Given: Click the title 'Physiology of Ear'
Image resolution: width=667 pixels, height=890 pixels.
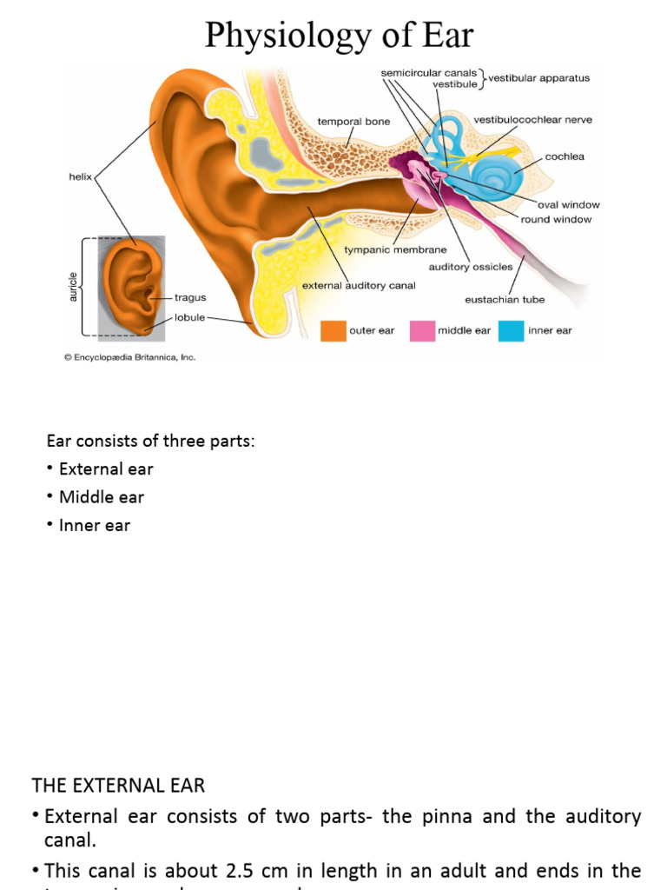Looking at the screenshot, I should click(339, 36).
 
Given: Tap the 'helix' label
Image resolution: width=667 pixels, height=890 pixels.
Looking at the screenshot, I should click(80, 176).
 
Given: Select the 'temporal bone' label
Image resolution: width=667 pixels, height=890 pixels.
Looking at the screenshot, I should click(353, 122).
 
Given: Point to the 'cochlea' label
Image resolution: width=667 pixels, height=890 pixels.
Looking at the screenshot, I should click(565, 157).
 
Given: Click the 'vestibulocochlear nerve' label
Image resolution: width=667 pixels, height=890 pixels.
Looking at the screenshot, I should click(532, 120).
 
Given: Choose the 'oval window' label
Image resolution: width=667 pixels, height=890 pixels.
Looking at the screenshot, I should click(568, 205).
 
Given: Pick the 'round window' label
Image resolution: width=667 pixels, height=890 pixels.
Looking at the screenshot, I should click(557, 220).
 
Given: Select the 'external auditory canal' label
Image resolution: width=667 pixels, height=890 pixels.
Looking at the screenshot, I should click(358, 285).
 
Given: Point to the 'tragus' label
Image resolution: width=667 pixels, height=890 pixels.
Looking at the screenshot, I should click(190, 297).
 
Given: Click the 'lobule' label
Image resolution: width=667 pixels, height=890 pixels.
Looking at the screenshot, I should click(189, 317).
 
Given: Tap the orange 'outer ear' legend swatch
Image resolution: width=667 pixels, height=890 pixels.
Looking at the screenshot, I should click(333, 330).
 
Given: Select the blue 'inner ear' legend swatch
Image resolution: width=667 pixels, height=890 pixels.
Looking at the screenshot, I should click(512, 330).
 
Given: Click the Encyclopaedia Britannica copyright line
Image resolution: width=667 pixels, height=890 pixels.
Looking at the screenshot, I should click(129, 356).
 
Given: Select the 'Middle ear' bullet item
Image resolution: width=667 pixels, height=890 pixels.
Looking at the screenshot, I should click(101, 497).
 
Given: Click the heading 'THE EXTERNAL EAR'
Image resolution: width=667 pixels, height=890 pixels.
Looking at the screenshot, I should click(118, 786).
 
